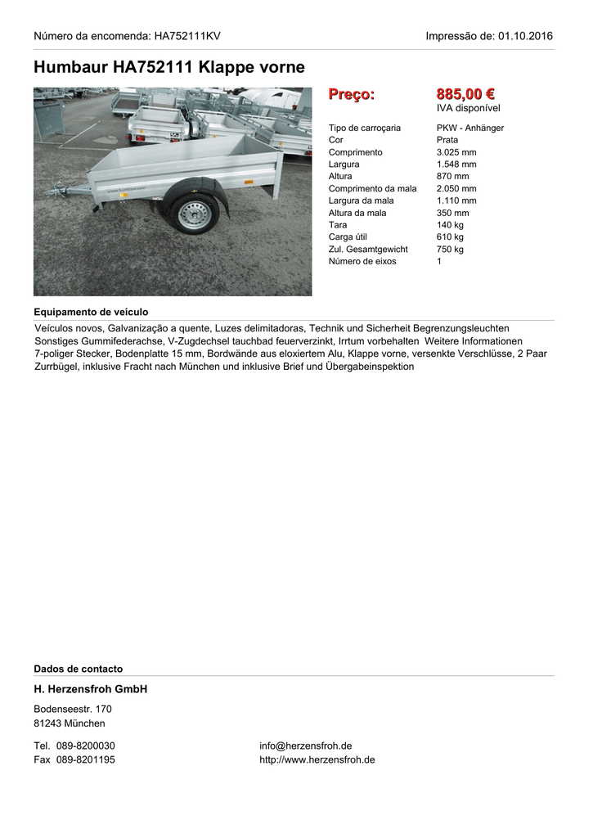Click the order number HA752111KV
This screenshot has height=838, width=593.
(x=187, y=36)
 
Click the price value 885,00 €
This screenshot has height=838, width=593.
(x=465, y=95)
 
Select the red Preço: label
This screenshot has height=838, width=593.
(x=351, y=95)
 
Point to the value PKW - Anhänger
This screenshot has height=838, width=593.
(x=470, y=128)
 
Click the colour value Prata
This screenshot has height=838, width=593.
(x=447, y=140)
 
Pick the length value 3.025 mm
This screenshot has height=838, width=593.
(x=456, y=152)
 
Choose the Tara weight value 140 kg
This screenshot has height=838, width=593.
(x=450, y=225)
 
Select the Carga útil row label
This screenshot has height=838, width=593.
(x=348, y=237)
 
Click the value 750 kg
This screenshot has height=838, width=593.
(x=450, y=250)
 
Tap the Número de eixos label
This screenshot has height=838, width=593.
(x=362, y=262)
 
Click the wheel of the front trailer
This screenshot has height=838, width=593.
(x=194, y=214)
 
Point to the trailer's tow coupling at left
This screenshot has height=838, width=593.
(x=59, y=192)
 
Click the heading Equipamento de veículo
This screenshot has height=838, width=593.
(x=91, y=312)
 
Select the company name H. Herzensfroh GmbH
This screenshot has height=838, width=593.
(x=90, y=690)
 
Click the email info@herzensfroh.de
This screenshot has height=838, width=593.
(x=306, y=746)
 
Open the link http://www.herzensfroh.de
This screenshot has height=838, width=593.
(x=317, y=759)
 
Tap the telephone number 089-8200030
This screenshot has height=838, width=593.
(x=85, y=746)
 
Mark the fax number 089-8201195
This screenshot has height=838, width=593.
(x=85, y=759)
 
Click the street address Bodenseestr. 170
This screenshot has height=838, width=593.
(x=73, y=709)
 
